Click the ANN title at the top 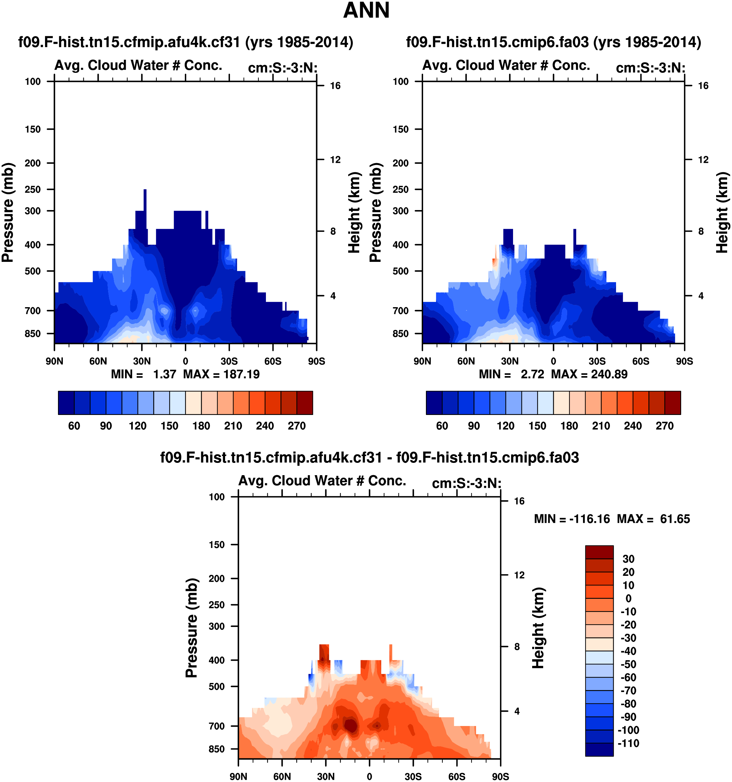point(366,11)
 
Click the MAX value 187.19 point(241,374)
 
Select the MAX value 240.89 point(609,374)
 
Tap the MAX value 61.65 point(675,519)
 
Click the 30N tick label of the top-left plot point(142,361)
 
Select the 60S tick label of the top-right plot point(641,361)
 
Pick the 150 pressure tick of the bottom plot point(216,545)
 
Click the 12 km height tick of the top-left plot point(335,160)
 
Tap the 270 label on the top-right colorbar point(665,426)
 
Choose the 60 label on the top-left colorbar point(74,426)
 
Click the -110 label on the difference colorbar point(628,743)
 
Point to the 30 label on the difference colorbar point(628,559)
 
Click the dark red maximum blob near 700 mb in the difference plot point(350,725)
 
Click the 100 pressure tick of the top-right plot point(401,82)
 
